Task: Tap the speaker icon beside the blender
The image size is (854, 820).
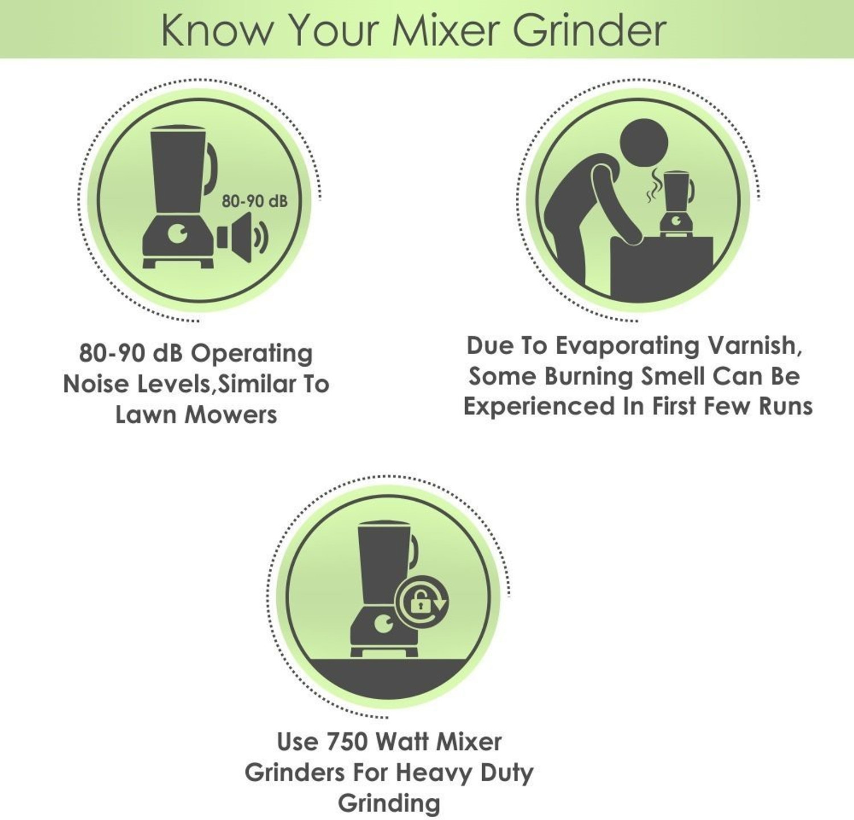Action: click(241, 237)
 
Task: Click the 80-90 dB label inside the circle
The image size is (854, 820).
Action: click(254, 201)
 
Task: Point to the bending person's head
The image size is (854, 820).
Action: click(643, 143)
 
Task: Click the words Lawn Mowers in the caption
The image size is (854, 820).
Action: click(196, 415)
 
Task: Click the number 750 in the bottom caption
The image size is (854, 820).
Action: click(348, 741)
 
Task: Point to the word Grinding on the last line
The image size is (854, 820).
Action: click(389, 803)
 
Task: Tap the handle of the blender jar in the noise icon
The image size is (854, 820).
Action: click(211, 168)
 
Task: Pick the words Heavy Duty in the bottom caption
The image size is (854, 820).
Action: click(464, 773)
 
